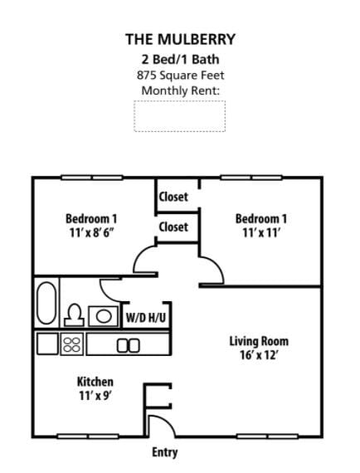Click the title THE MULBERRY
pyautogui.click(x=180, y=39)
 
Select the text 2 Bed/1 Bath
pyautogui.click(x=180, y=59)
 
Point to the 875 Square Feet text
pyautogui.click(x=180, y=75)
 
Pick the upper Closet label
pyautogui.click(x=173, y=197)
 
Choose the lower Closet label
pyautogui.click(x=173, y=227)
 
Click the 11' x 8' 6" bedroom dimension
pyautogui.click(x=91, y=232)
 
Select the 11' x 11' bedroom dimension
pyautogui.click(x=261, y=232)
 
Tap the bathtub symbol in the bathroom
pyautogui.click(x=46, y=304)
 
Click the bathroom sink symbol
pyautogui.click(x=102, y=315)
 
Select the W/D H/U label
pyautogui.click(x=146, y=317)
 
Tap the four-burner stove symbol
pyautogui.click(x=72, y=344)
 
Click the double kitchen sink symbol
pyautogui.click(x=129, y=345)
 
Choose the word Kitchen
pyautogui.click(x=95, y=382)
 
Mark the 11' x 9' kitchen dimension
pyautogui.click(x=95, y=396)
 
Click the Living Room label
pyautogui.click(x=259, y=341)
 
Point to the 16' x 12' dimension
pyautogui.click(x=259, y=356)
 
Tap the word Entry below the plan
pyautogui.click(x=164, y=452)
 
